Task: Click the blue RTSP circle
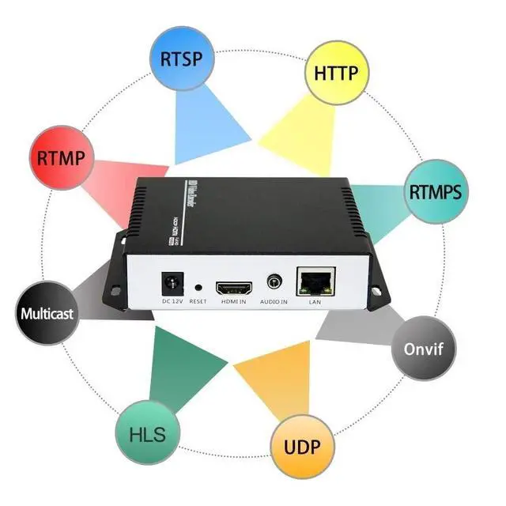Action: pyautogui.click(x=181, y=59)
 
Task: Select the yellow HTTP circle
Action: pyautogui.click(x=336, y=74)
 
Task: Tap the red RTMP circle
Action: pyautogui.click(x=61, y=156)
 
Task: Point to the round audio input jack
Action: pyautogui.click(x=274, y=281)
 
